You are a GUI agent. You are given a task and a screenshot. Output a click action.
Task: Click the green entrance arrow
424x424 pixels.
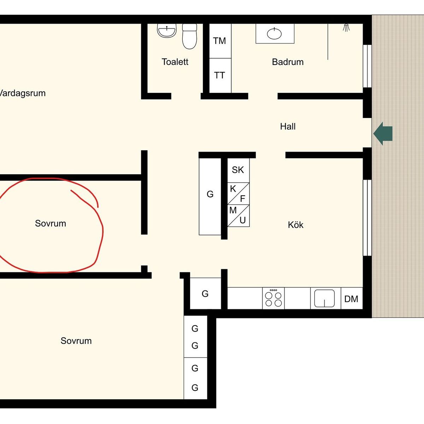click(383, 134)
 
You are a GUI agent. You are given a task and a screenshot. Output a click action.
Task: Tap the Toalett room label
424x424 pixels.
click(175, 62)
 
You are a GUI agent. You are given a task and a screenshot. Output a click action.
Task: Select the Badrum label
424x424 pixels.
click(288, 62)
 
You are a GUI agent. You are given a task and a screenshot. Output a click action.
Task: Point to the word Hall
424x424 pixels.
click(288, 126)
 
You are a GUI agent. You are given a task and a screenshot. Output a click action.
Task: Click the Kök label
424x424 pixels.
click(295, 225)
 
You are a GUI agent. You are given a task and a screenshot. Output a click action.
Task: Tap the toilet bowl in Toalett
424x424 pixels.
click(189, 36)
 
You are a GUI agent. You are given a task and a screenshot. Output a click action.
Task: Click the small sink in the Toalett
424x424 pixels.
click(166, 31)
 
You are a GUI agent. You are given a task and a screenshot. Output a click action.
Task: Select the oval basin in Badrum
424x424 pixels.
click(274, 34)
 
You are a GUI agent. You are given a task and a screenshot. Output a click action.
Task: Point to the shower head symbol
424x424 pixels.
click(346, 28)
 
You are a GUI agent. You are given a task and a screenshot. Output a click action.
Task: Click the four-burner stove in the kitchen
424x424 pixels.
click(273, 298)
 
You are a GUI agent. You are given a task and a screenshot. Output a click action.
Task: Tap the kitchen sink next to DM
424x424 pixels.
click(324, 298)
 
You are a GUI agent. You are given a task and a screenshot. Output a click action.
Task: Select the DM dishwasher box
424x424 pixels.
click(352, 298)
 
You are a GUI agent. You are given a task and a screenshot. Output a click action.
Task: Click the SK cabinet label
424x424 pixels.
click(238, 170)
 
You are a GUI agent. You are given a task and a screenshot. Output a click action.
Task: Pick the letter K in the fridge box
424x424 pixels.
click(233, 189)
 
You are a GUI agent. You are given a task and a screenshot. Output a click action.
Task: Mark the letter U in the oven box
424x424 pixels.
click(242, 220)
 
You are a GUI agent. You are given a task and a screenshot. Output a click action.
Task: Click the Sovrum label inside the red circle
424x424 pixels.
click(51, 223)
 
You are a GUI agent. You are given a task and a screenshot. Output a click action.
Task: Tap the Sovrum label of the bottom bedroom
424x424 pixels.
click(76, 341)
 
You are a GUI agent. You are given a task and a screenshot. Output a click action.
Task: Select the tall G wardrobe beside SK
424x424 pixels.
click(210, 196)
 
